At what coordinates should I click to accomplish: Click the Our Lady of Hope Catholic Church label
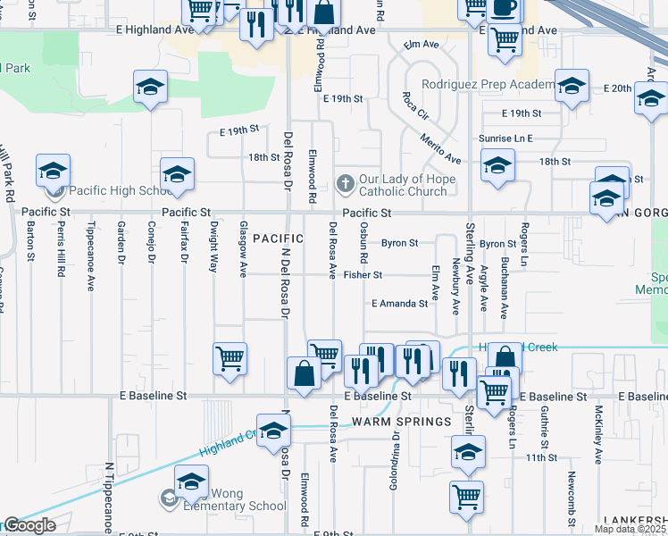point(402,185)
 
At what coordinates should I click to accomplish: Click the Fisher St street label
point(363,275)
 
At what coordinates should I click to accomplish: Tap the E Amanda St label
point(399,304)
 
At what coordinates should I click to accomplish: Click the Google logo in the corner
point(29,525)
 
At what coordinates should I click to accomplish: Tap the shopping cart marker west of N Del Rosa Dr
point(230,359)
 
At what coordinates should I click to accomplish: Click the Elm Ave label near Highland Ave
point(422,44)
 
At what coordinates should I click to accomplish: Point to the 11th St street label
point(541,457)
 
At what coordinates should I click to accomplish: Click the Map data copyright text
point(630,529)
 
